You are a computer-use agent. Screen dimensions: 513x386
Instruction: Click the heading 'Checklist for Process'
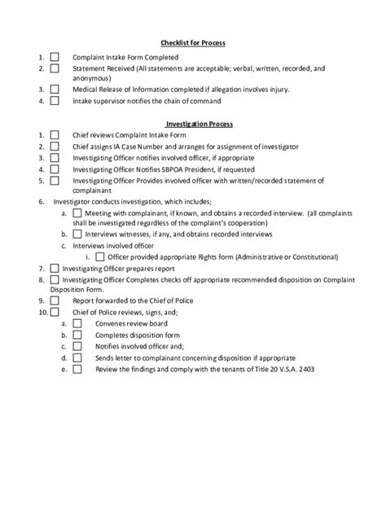pyautogui.click(x=192, y=42)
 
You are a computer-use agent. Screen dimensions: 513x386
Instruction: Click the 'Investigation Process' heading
pyautogui.click(x=200, y=123)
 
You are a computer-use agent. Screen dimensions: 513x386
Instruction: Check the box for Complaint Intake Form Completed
pyautogui.click(x=55, y=58)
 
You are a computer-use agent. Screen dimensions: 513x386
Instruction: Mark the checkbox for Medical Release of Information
pyautogui.click(x=55, y=90)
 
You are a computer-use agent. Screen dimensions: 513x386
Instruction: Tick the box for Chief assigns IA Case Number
pyautogui.click(x=55, y=146)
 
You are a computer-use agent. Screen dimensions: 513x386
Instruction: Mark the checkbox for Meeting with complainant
pyautogui.click(x=77, y=213)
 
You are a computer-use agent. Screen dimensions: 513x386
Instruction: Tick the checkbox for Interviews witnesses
pyautogui.click(x=77, y=233)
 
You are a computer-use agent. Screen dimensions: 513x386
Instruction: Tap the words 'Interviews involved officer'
pyautogui.click(x=113, y=243)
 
